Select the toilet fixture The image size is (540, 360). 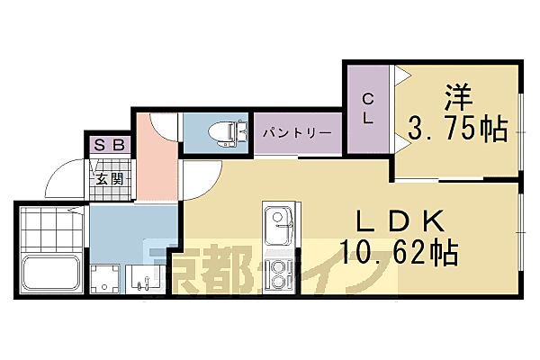223,133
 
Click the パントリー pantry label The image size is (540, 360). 297,133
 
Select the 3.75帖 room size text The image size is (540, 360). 457,130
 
